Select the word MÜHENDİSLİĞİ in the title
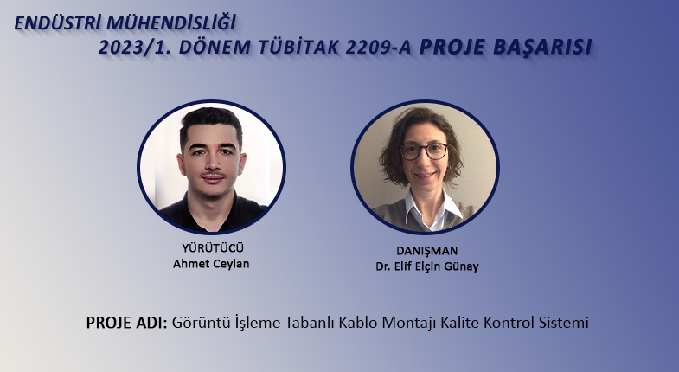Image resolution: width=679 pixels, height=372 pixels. coord(171,22)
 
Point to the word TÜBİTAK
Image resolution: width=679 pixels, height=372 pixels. coord(298,48)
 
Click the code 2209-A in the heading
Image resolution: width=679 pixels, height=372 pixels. coord(378,48)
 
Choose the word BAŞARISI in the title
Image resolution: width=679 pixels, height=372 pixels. coord(542,48)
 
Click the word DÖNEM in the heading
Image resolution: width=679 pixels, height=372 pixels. coord(215,48)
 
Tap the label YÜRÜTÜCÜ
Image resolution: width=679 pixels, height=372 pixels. coord(213,248)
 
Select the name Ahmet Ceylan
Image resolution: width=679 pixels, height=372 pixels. coord(211,264)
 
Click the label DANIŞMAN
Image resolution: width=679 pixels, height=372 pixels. coord(427,251)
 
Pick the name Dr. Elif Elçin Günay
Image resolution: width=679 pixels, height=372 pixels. coord(427,266)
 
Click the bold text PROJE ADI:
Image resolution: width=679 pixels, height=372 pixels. coord(126,323)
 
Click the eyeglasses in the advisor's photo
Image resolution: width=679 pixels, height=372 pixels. coord(424,151)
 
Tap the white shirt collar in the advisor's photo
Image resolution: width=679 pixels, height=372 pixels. coord(433,208)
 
